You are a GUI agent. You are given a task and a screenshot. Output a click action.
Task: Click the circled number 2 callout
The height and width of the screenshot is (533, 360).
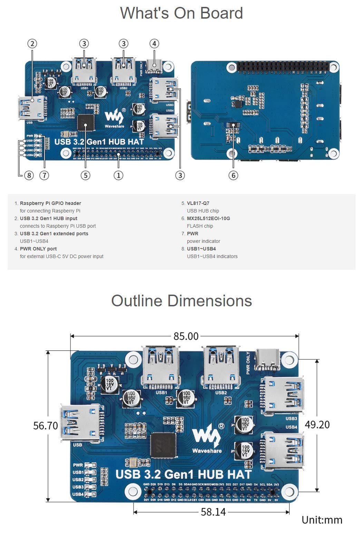click(32, 44)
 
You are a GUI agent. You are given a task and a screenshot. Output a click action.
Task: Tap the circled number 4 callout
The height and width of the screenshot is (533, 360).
click(154, 44)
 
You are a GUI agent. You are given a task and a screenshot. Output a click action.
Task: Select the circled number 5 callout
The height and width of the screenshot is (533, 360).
click(85, 175)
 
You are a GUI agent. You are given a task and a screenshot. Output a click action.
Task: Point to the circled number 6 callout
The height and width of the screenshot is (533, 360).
click(233, 175)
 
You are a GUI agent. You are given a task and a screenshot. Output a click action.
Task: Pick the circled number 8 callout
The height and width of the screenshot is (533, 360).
click(29, 175)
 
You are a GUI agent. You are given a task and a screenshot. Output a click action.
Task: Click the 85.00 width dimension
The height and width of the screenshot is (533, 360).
click(186, 336)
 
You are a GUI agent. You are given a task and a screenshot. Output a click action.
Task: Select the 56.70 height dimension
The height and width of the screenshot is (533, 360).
click(45, 426)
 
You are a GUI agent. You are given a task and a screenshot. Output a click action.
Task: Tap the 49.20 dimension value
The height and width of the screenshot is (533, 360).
click(317, 425)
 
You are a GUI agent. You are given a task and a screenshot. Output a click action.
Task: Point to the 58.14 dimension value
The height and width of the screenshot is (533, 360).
click(213, 512)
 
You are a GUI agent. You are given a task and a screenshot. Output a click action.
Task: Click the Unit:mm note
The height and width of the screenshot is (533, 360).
click(322, 520)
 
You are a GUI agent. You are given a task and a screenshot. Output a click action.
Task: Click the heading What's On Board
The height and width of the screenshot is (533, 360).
click(181, 13)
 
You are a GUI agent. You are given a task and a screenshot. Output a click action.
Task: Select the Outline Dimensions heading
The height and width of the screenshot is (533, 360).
click(181, 301)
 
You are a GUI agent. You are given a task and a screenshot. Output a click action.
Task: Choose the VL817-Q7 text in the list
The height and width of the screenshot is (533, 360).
click(198, 203)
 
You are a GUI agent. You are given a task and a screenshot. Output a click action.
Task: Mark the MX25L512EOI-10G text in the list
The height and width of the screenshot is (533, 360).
click(208, 218)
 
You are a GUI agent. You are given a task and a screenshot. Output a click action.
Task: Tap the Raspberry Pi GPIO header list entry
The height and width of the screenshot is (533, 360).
click(50, 203)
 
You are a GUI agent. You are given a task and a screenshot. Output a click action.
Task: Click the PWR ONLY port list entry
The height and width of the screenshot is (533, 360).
click(38, 249)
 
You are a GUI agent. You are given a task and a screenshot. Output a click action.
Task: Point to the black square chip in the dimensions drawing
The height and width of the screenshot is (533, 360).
click(163, 445)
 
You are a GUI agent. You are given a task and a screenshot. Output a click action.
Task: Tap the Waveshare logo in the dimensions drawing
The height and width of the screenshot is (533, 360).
click(207, 440)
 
